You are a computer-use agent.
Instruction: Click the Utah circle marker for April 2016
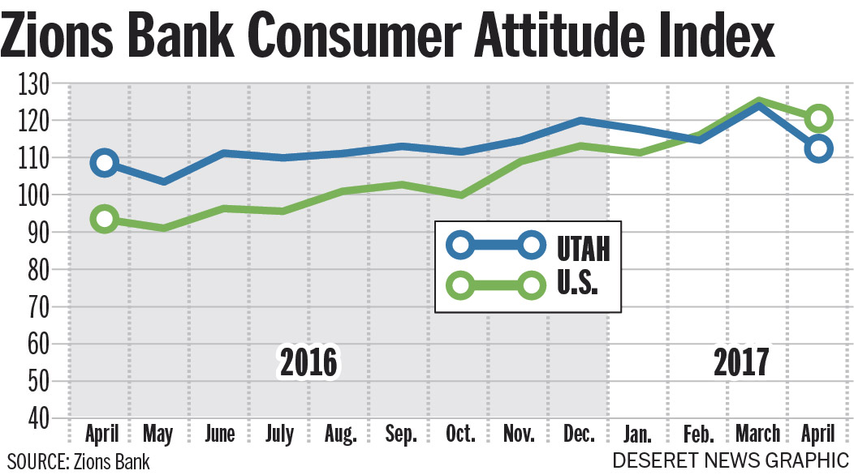pyautogui.click(x=105, y=163)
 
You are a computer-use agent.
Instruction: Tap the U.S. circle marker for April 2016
pyautogui.click(x=105, y=219)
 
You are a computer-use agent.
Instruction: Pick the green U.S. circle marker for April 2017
pyautogui.click(x=819, y=118)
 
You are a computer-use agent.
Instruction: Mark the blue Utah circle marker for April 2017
pyautogui.click(x=818, y=148)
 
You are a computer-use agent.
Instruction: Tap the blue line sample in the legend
pyautogui.click(x=496, y=244)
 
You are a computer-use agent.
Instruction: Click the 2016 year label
pyautogui.click(x=308, y=363)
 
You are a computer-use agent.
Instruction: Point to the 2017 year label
pyautogui.click(x=740, y=363)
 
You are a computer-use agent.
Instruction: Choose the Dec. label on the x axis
pyautogui.click(x=579, y=434)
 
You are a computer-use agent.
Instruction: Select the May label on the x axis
pyautogui.click(x=157, y=434)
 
